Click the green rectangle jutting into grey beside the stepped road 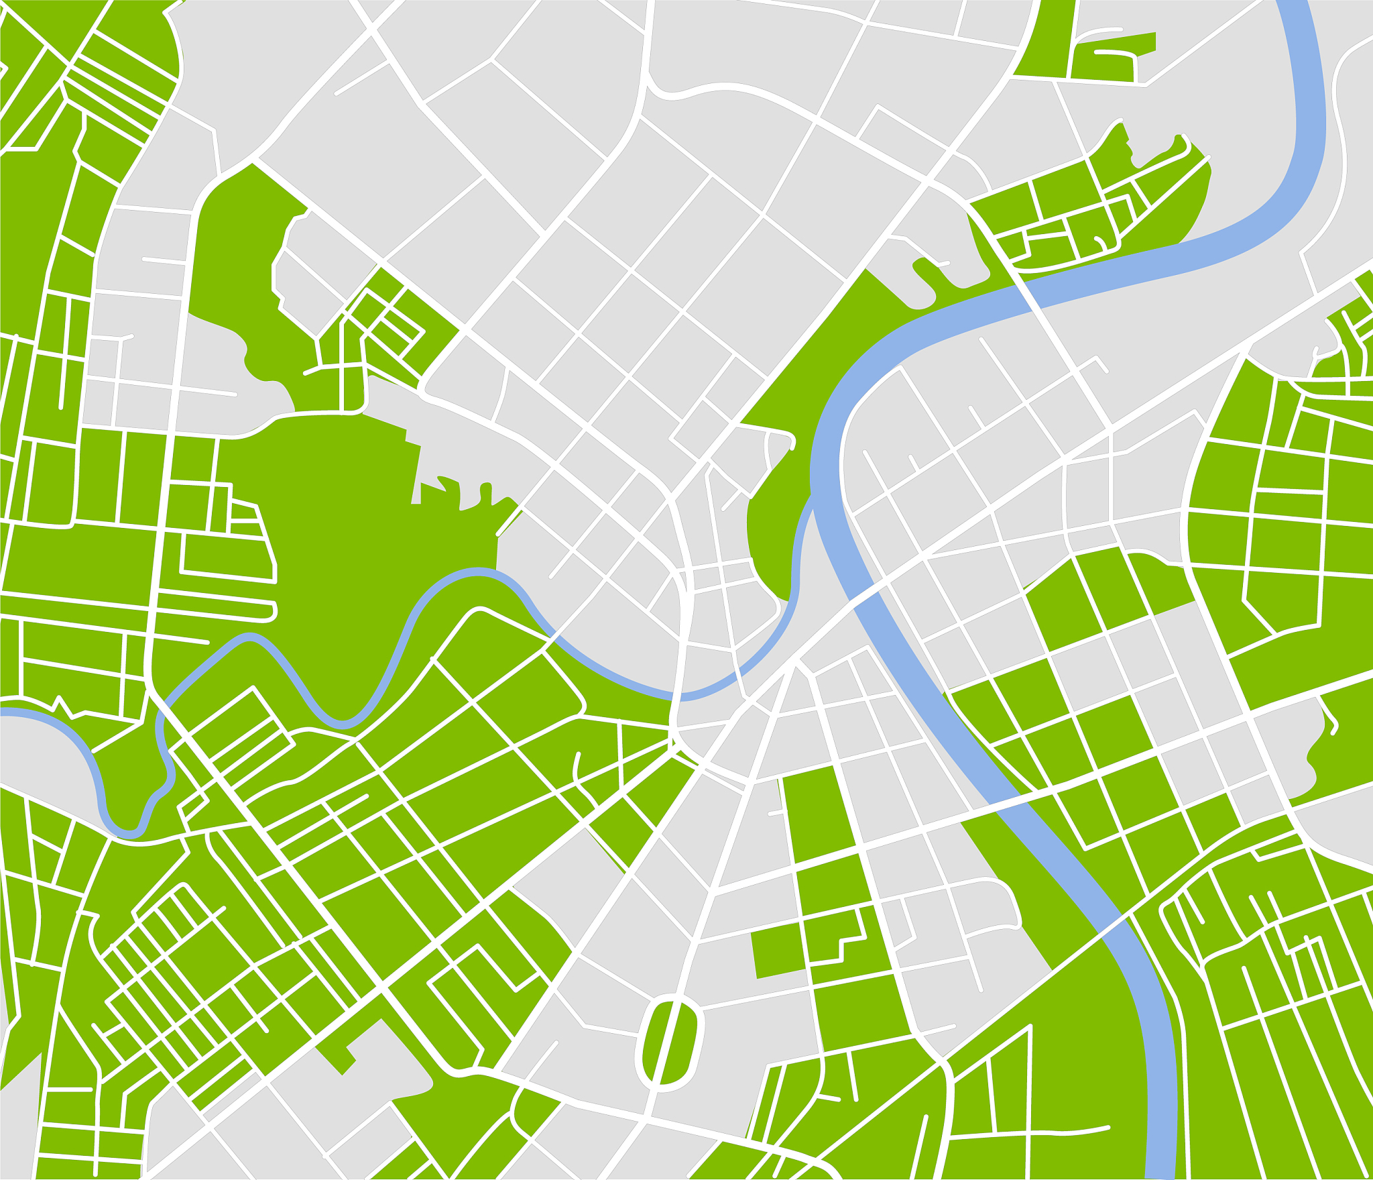[778, 953]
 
